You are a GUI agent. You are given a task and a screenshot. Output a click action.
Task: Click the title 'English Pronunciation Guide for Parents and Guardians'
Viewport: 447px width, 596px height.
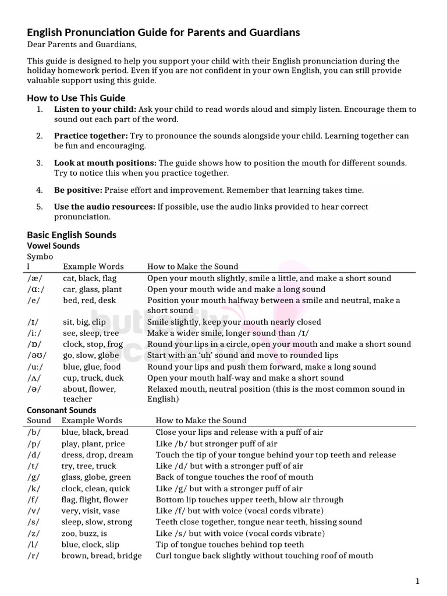[164, 33]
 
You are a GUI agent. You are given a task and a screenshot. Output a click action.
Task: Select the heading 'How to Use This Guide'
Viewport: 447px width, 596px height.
[76, 98]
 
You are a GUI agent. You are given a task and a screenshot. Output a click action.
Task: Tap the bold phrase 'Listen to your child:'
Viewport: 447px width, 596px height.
[95, 109]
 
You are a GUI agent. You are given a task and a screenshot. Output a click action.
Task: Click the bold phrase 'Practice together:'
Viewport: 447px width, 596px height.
[91, 136]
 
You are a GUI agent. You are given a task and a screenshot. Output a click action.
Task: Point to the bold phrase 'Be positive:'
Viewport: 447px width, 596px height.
[78, 190]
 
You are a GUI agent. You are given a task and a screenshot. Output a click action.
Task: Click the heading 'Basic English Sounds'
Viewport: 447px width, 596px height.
[72, 235]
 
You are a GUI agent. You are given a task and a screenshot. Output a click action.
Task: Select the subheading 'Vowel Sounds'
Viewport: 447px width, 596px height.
[54, 246]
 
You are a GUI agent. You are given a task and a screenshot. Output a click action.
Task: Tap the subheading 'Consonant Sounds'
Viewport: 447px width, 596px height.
[62, 410]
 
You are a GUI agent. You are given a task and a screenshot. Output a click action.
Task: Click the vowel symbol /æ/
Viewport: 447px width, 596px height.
[35, 278]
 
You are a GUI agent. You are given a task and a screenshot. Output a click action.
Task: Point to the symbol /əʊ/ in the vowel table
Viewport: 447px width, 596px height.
[37, 355]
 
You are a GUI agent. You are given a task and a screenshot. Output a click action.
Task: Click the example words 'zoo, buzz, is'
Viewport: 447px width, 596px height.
[84, 533]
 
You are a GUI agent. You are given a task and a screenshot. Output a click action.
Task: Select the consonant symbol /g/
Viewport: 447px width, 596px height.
[34, 477]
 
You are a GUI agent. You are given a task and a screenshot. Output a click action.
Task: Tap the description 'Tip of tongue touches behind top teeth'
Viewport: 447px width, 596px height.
[230, 544]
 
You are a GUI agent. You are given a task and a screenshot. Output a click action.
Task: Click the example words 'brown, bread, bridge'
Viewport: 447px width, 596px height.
[101, 555]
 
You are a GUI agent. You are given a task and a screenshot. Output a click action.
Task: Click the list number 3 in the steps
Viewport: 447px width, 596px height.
[40, 163]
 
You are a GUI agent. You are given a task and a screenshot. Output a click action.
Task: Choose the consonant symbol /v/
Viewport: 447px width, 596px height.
[34, 510]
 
